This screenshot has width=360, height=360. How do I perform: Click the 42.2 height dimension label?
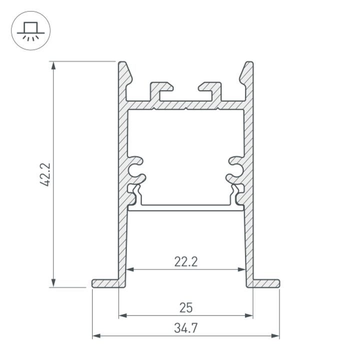click(45, 174)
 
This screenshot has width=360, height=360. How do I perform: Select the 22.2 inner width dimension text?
click(185, 261)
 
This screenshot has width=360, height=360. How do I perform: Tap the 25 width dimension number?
click(185, 307)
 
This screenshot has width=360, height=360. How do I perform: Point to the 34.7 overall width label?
click(185, 328)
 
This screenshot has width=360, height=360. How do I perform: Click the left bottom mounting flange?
click(106, 283)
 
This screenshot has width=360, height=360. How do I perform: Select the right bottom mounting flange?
click(265, 283)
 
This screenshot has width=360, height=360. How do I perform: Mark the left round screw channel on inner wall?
click(134, 169)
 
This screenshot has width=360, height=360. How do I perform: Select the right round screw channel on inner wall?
click(237, 169)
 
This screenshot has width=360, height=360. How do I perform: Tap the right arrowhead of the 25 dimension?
click(249, 315)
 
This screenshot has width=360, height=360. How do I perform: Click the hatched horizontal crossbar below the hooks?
click(185, 105)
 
